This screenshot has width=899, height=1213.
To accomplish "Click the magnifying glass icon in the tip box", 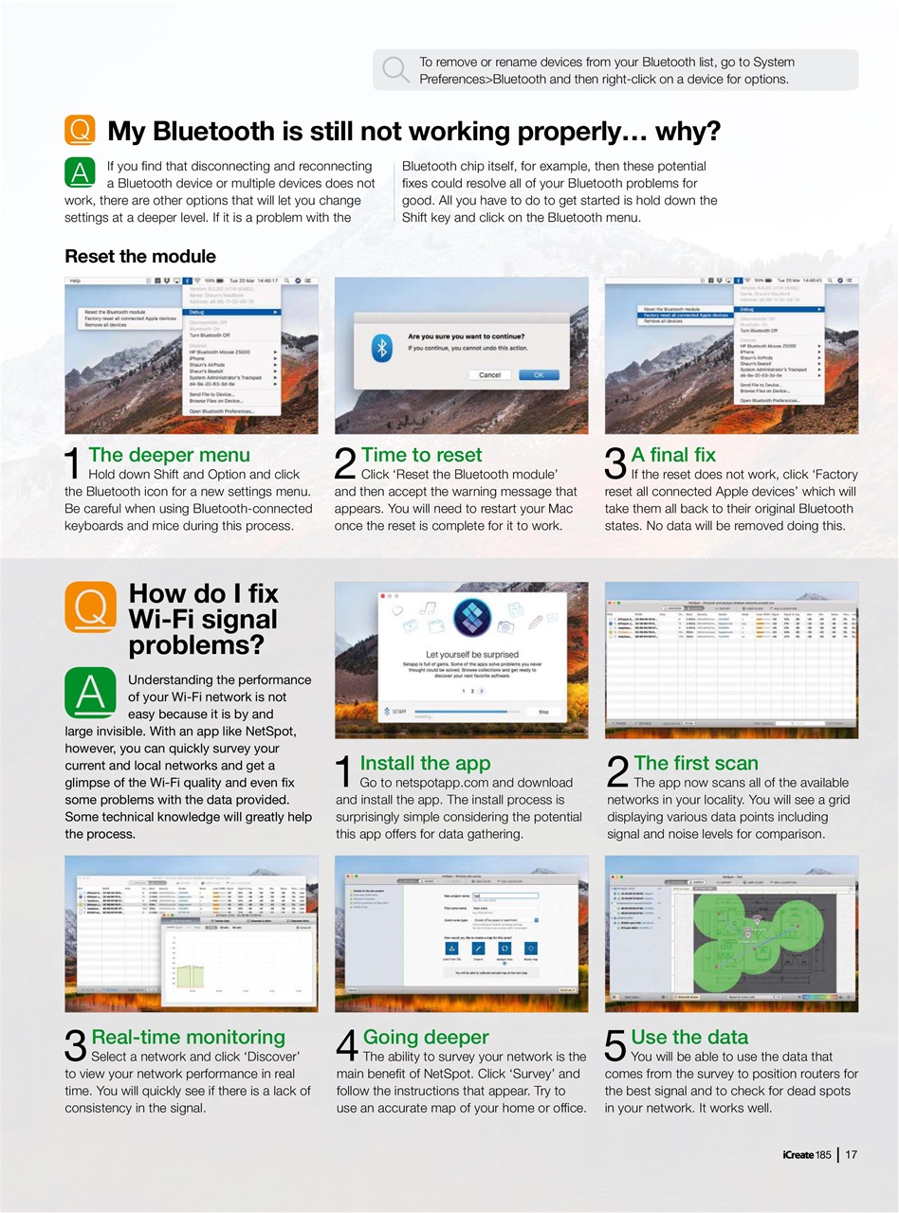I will (395, 69).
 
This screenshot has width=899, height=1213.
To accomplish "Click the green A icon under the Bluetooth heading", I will (80, 172).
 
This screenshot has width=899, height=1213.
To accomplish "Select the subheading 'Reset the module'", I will (140, 257).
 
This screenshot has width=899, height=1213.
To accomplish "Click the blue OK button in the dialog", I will (539, 374).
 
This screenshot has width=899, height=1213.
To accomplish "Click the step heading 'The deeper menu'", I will (169, 455).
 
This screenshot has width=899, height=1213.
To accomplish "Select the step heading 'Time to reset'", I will (421, 455).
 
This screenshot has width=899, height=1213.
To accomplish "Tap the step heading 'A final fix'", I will (673, 455).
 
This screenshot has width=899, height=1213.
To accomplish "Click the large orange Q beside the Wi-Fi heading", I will (90, 606).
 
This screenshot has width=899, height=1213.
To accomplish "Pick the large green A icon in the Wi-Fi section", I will (90, 693).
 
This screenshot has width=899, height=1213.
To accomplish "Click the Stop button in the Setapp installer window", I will (543, 711).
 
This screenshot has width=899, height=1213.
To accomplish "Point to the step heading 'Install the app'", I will (425, 763).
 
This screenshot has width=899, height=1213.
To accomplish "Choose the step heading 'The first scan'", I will (696, 763).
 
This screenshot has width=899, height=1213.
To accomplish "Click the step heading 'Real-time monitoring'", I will (188, 1037).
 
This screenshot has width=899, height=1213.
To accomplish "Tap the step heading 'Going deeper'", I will (426, 1037).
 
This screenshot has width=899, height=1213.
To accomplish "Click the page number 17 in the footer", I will (851, 1154).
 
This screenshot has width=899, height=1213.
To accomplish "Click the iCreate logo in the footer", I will (806, 1154).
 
